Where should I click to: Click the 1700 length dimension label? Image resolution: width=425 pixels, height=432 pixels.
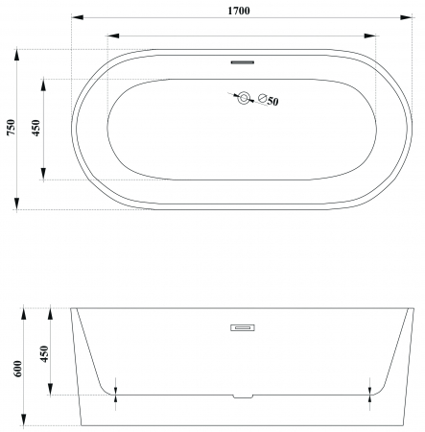[239, 11]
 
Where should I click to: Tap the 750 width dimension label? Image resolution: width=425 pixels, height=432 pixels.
[12, 127]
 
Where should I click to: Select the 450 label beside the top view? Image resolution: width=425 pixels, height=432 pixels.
[36, 128]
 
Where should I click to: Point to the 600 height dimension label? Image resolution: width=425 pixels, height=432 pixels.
[18, 369]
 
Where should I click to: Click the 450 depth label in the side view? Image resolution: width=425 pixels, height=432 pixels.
[44, 353]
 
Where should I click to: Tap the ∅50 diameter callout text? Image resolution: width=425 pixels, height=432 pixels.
[269, 100]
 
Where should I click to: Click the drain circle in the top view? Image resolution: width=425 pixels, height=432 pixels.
[244, 98]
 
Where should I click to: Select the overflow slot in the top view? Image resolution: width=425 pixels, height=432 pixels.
[243, 62]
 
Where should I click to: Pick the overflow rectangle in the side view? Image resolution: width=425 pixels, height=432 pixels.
[243, 327]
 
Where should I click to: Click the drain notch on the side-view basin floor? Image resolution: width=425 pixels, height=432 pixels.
[243, 396]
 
